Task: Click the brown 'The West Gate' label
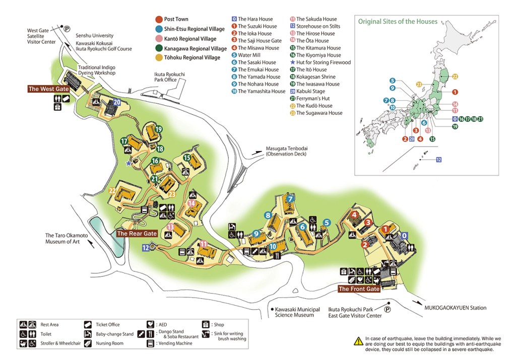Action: coord(48,89)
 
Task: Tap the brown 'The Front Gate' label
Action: coord(358,289)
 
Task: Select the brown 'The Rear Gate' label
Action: coord(137,233)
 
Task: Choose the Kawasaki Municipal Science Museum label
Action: coord(294,312)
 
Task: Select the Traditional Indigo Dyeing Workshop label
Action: coord(96,69)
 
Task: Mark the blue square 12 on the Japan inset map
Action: coord(438,160)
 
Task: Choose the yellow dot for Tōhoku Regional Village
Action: coord(159,58)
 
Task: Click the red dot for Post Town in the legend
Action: coord(159,20)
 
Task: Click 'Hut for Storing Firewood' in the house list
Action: coord(323,62)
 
